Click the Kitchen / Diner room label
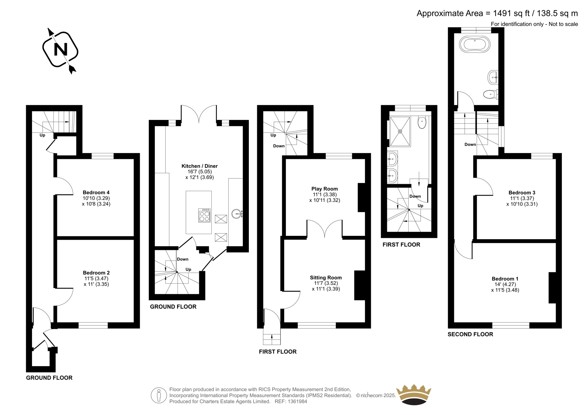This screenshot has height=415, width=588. [200, 166]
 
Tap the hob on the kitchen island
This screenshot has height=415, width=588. [204, 215]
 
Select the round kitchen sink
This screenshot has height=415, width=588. [237, 214]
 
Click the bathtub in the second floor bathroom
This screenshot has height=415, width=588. [474, 45]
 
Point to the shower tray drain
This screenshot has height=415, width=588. [400, 131]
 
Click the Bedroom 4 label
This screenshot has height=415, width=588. [96, 192]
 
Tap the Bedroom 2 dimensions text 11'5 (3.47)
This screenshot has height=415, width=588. [96, 279]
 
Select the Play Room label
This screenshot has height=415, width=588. [325, 189]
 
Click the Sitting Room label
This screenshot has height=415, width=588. [326, 277]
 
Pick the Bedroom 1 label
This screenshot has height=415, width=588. [505, 279]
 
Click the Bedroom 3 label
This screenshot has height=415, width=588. [522, 193]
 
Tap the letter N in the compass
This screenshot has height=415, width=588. [60, 49]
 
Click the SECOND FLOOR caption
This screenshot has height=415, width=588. [470, 334]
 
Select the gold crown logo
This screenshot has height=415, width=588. [414, 394]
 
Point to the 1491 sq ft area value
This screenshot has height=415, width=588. [509, 13]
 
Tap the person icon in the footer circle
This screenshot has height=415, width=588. [158, 396]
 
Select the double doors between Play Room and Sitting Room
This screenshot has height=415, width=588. [325, 229]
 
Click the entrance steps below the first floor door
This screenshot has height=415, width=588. [272, 339]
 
